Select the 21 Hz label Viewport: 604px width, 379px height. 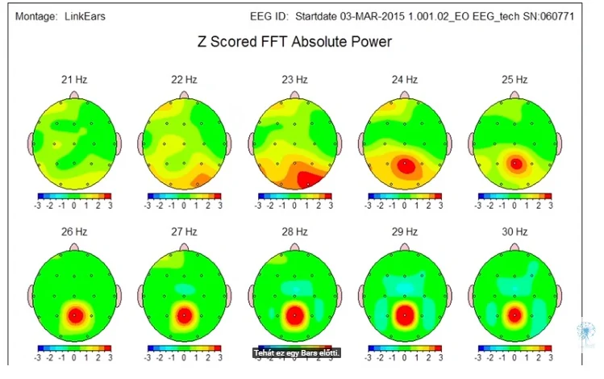(73, 80)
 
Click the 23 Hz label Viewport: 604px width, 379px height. (294, 80)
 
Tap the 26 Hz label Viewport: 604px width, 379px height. (73, 232)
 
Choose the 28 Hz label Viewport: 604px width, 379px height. (294, 232)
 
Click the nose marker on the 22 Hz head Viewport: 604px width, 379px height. (185, 94)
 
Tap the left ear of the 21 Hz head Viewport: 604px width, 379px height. (31, 143)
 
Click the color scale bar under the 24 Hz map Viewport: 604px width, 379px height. (406, 196)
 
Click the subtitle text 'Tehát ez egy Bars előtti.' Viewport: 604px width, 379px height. (298, 352)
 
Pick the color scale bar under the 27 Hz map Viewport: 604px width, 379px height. (185, 348)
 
